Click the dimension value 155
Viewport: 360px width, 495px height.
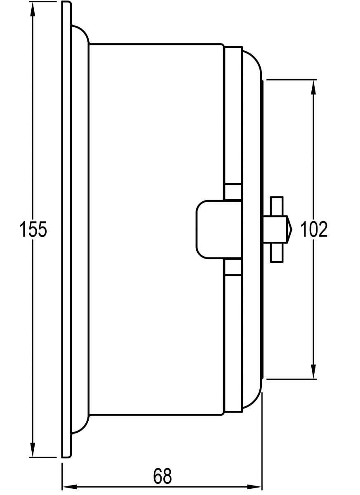[x=33, y=230]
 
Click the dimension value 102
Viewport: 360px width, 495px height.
[x=314, y=230]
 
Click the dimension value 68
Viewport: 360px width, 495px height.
[x=162, y=476]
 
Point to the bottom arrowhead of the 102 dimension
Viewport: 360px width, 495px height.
[x=313, y=371]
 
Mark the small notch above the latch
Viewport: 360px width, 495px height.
[x=233, y=191]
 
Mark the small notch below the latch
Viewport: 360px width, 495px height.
[x=233, y=267]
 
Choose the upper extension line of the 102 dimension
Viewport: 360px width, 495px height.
[x=291, y=79]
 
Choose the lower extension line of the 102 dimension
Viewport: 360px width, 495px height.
[x=291, y=378]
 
